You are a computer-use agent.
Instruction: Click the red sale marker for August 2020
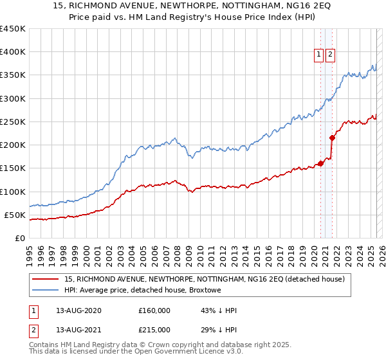pyautogui.click(x=320, y=163)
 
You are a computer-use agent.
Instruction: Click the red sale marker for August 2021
pyautogui.click(x=332, y=138)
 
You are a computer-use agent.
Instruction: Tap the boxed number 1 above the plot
pyautogui.click(x=319, y=55)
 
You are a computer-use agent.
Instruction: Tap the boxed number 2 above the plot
pyautogui.click(x=331, y=55)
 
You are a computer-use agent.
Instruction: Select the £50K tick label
pyautogui.click(x=15, y=215)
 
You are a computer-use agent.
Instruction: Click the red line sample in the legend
pyautogui.click(x=45, y=279)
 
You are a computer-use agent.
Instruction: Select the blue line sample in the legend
pyautogui.click(x=45, y=291)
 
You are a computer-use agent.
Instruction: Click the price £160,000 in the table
pyautogui.click(x=154, y=310)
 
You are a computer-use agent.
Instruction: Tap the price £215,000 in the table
pyautogui.click(x=154, y=329)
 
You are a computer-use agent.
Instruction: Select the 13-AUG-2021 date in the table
pyautogui.click(x=78, y=329)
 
